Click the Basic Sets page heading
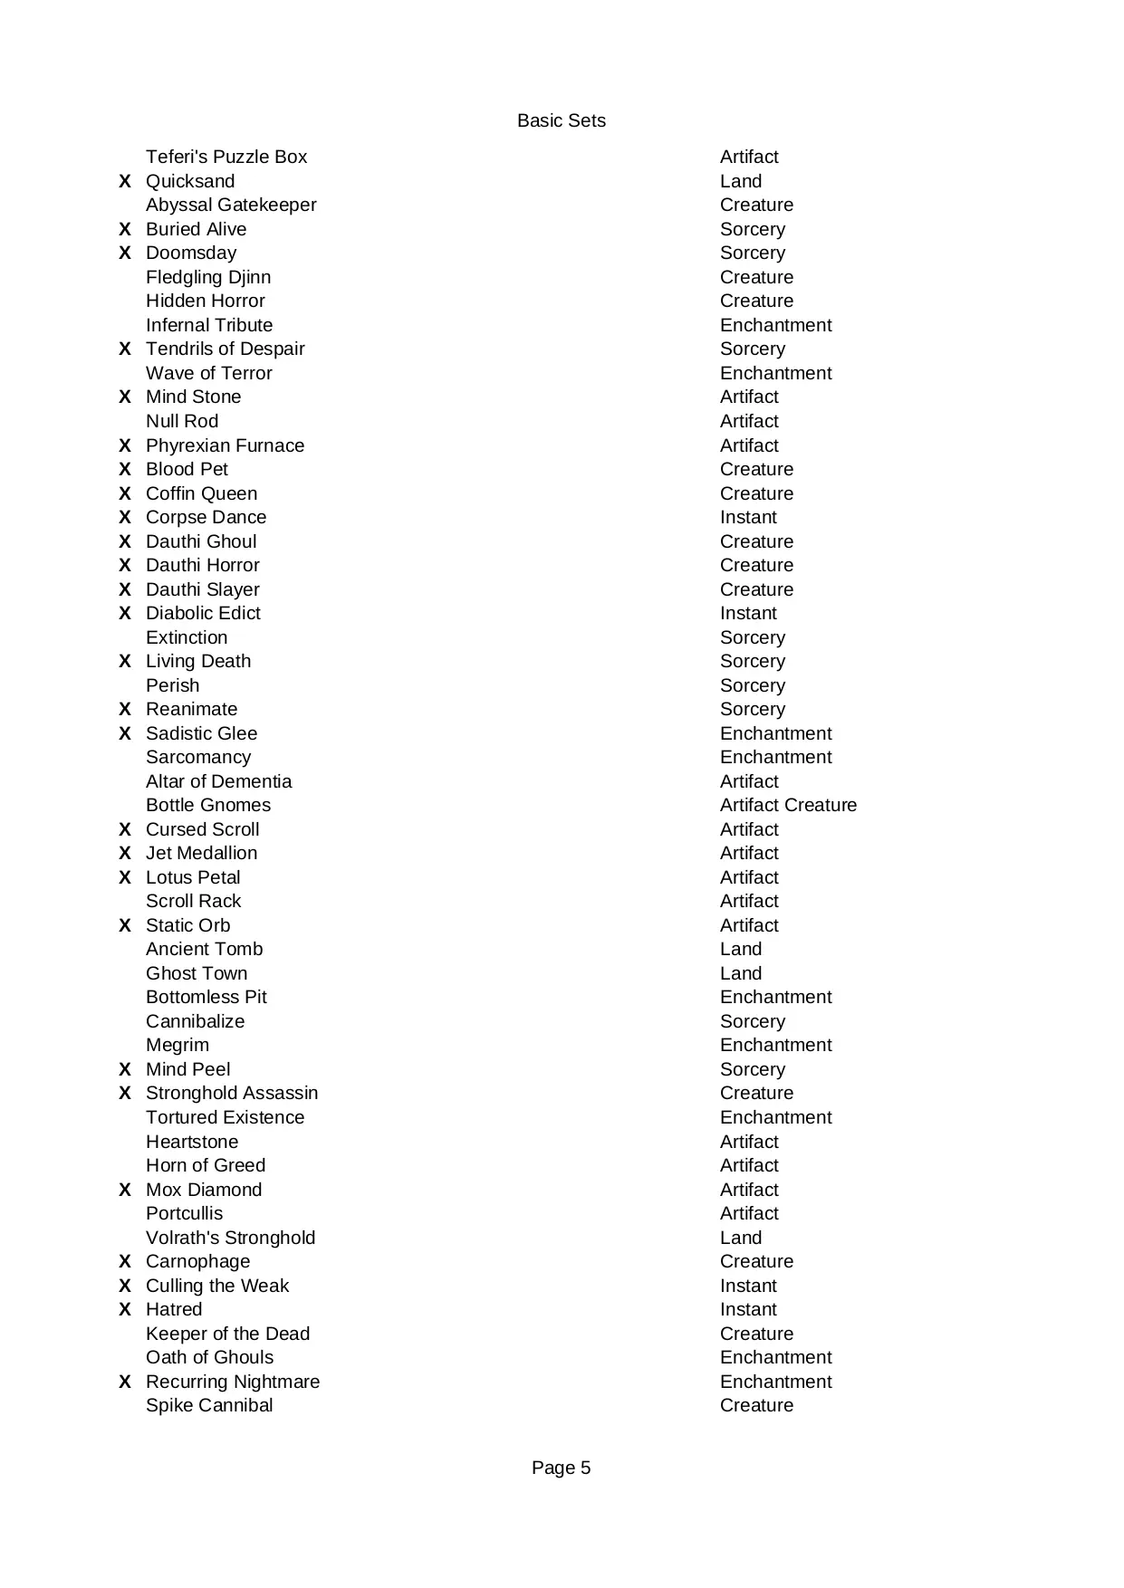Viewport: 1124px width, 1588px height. tap(561, 121)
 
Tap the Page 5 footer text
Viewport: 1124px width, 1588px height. tap(561, 1468)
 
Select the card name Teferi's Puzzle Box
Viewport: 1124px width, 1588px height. tap(226, 158)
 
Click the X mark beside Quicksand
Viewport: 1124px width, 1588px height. tap(125, 182)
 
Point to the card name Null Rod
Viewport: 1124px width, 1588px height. tap(182, 422)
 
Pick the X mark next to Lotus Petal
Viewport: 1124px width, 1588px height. tap(125, 878)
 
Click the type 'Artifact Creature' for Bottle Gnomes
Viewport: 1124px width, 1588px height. tap(788, 806)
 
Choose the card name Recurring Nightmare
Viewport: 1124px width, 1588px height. tap(233, 1382)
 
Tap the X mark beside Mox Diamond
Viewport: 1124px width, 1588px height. tap(125, 1191)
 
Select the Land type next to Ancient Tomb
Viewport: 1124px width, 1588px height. tap(741, 950)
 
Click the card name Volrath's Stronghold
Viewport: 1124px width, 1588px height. tap(231, 1239)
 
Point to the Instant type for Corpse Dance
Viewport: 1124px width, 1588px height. tap(748, 518)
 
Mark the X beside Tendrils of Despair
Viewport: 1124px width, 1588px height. tap(125, 349)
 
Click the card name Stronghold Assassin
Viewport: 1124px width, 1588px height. tap(232, 1094)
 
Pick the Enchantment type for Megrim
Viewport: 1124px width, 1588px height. tap(775, 1046)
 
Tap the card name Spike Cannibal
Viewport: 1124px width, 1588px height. tap(209, 1406)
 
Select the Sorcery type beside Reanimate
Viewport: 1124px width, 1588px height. tap(753, 710)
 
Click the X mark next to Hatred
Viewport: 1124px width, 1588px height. tap(125, 1310)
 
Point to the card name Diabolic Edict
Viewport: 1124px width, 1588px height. tap(203, 614)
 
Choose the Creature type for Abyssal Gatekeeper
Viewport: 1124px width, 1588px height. tap(756, 206)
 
